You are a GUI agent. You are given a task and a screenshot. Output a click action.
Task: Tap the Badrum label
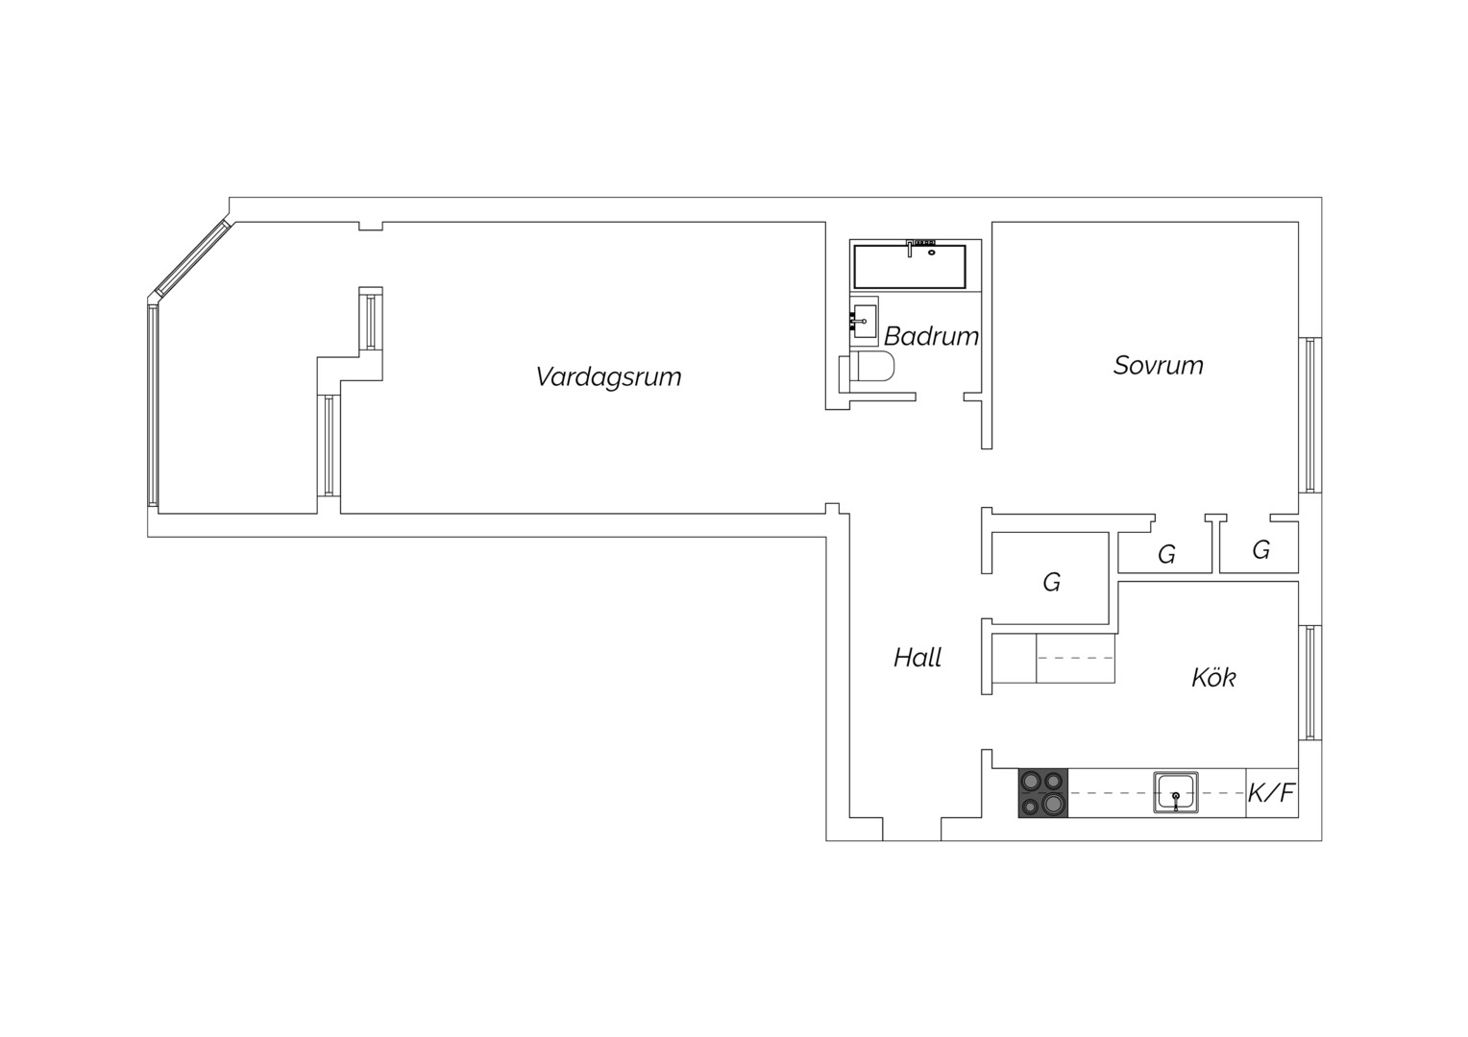coord(931,337)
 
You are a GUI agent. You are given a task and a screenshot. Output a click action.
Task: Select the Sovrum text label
coord(1158,366)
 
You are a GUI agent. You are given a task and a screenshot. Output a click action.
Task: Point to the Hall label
coord(917,658)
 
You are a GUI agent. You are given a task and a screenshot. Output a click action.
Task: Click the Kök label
coord(1213,677)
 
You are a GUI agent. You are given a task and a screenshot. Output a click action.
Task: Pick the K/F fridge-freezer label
coord(1271,793)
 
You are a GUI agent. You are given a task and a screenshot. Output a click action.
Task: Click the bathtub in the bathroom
coord(910,267)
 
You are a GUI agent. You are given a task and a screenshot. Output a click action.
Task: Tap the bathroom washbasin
coord(864,321)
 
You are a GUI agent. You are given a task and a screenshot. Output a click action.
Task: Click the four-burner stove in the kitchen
coord(1042,793)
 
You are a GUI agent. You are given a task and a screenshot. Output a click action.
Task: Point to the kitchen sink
coord(1176,793)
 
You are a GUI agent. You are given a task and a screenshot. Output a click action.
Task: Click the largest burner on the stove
coord(1053,803)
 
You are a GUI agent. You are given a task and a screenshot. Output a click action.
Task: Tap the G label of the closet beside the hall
coord(1052,583)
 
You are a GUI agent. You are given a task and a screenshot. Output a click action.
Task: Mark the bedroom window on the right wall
coord(1310,416)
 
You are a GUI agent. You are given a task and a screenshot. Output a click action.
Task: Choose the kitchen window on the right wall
coord(1310,684)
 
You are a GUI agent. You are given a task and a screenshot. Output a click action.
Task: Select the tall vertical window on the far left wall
coord(153,405)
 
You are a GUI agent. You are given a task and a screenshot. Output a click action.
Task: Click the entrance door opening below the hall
coord(912,830)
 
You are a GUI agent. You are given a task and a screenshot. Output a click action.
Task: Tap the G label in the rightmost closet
coord(1260,550)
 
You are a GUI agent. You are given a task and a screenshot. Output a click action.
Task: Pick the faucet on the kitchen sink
coord(1176,801)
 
